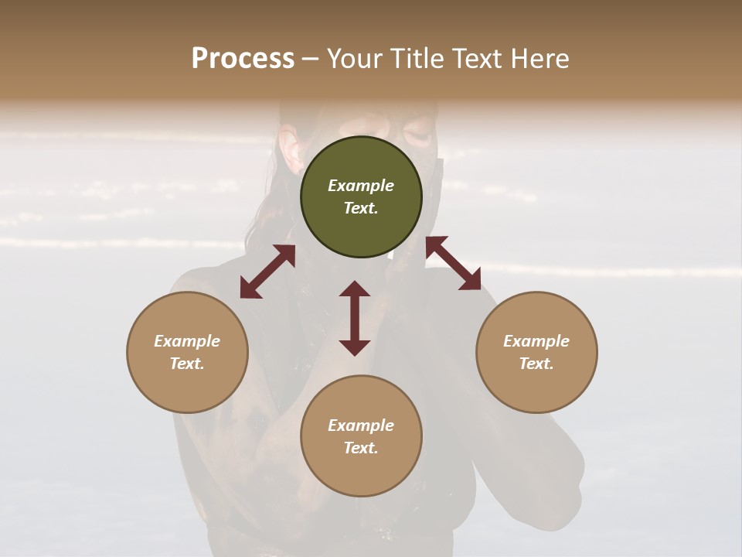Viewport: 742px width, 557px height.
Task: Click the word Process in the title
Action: [243, 59]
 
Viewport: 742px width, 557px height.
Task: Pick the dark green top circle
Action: [361, 197]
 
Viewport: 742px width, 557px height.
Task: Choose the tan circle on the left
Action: [187, 352]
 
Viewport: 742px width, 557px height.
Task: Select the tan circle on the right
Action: [536, 352]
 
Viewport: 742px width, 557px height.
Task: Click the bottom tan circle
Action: [361, 436]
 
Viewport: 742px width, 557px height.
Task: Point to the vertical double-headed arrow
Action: [355, 318]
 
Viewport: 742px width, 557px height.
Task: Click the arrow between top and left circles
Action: [267, 272]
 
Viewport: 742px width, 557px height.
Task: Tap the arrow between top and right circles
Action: [453, 263]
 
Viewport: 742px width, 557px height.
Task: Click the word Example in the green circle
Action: [361, 186]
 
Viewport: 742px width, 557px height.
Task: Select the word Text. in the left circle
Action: [187, 364]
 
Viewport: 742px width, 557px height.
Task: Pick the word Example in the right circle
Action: [536, 341]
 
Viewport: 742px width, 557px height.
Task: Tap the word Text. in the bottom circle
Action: [361, 448]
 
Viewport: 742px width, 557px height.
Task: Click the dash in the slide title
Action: [311, 59]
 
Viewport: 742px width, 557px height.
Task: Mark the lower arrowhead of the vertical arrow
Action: [355, 346]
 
